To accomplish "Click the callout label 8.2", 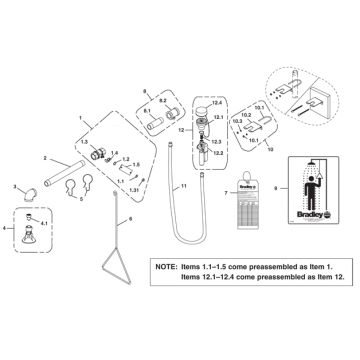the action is coord(163,102).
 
